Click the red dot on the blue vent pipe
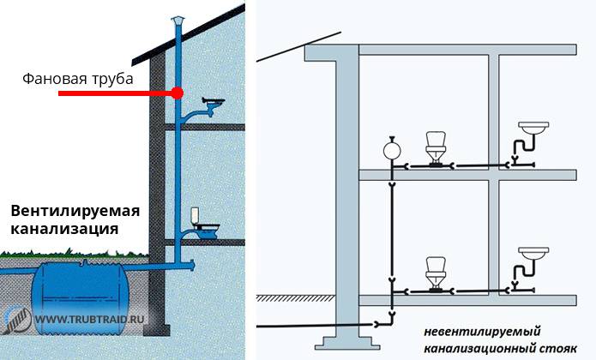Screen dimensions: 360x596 [x=178, y=93]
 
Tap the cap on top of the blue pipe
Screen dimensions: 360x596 [x=178, y=21]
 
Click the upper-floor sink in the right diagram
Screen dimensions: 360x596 [x=536, y=129]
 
